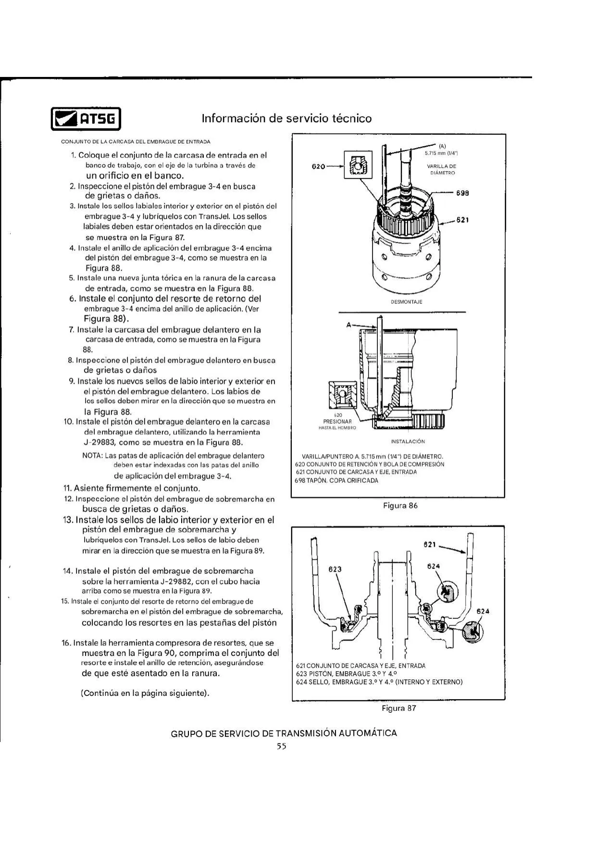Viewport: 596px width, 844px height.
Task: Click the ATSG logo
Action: point(86,118)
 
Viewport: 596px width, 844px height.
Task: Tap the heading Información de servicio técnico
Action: point(286,118)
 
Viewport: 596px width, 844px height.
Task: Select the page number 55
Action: point(281,746)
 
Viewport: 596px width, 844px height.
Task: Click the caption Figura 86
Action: point(400,505)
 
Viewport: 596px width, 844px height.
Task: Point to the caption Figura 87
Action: point(399,708)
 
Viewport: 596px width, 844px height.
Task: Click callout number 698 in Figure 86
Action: point(462,193)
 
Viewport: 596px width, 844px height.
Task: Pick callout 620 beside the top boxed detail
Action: point(319,167)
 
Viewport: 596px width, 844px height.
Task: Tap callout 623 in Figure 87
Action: point(335,569)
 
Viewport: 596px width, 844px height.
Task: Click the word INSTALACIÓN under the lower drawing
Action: point(408,441)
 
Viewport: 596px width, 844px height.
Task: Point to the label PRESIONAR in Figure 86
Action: point(337,422)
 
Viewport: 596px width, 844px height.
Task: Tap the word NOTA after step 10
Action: point(92,455)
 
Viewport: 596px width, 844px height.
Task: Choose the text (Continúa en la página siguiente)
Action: point(145,693)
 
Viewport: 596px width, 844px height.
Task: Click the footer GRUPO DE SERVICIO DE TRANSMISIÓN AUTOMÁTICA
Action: point(284,733)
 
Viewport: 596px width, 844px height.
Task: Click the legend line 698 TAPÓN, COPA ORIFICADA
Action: point(336,480)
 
